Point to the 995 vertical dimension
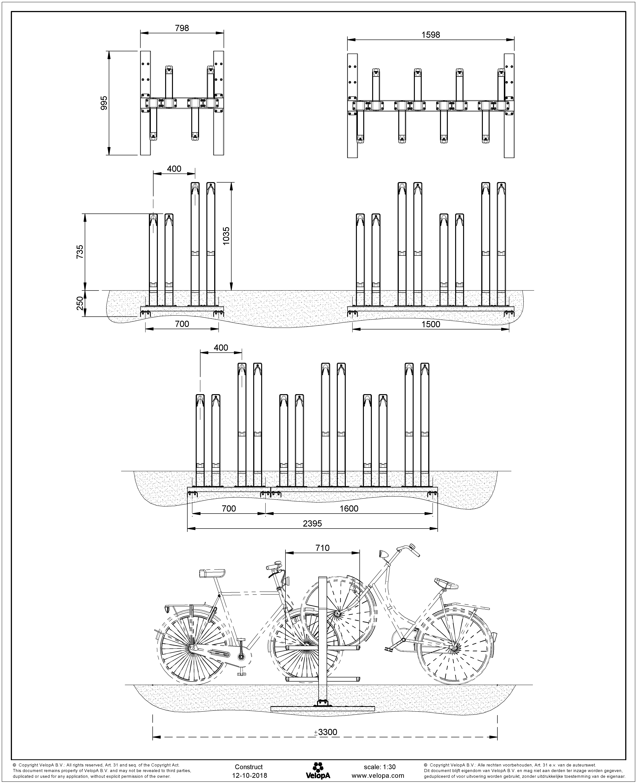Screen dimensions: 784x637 click(x=104, y=103)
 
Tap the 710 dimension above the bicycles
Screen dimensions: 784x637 click(x=322, y=548)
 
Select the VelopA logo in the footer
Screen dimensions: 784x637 click(x=318, y=767)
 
